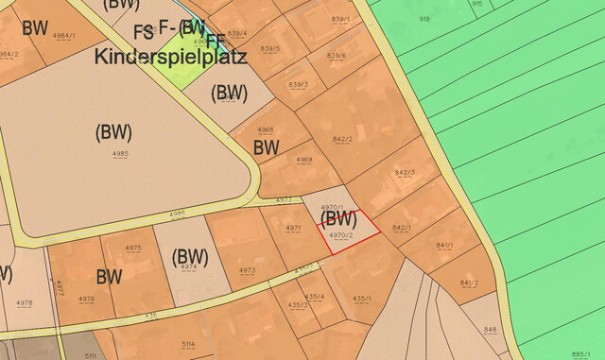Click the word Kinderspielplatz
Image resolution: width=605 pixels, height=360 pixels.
pos(170,57)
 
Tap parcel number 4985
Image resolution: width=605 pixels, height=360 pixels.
pos(121,152)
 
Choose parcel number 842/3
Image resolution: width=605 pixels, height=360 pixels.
pos(405,173)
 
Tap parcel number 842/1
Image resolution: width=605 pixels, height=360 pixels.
pos(401,228)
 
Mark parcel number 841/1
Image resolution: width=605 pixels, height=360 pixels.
pos(444,246)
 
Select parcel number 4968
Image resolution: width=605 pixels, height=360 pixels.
pos(266,129)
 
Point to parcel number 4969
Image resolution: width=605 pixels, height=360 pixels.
pos(304,160)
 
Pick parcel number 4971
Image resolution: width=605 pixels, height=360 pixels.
pos(293,229)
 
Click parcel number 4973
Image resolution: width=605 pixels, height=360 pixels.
pos(247,270)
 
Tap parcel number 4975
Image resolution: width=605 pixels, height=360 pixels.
pos(133,248)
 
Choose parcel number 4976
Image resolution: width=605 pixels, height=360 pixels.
pos(87,299)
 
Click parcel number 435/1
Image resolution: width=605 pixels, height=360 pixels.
pos(360,299)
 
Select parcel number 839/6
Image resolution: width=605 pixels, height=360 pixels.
pos(337,56)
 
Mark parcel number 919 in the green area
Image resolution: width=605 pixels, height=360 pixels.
pos(424,19)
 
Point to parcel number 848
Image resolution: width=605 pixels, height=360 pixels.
pos(489,329)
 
